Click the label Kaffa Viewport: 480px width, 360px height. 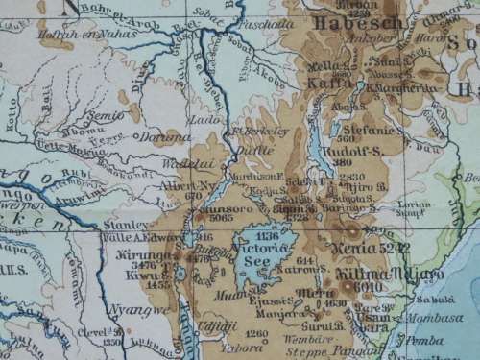click(321, 84)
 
